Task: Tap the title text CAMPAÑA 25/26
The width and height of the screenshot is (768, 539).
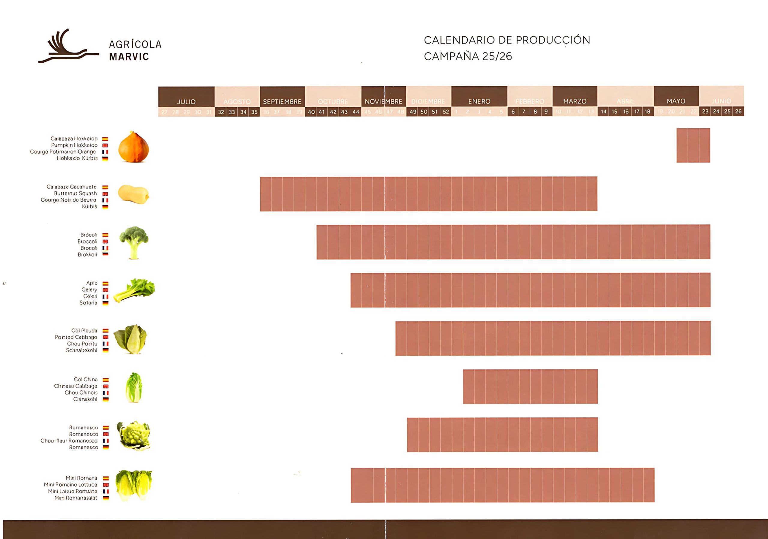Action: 468,56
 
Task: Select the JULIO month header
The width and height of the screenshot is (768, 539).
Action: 186,101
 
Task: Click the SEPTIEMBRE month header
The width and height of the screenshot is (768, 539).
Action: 282,101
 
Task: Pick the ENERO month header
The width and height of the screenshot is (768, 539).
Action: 479,101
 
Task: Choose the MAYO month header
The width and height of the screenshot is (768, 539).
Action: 676,101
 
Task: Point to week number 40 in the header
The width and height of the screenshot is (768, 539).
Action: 311,112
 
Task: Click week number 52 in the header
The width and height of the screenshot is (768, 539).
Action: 445,112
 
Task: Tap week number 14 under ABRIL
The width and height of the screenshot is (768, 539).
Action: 603,112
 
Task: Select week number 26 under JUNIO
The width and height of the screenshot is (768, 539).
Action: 738,111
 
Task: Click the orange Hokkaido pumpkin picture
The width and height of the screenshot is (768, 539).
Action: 133,147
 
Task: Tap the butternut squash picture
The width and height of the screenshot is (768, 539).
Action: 133,194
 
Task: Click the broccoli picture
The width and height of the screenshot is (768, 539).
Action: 134,242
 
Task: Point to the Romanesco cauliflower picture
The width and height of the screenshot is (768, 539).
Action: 133,435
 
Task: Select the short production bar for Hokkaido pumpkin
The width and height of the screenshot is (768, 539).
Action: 693,145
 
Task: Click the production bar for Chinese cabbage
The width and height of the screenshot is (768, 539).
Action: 530,386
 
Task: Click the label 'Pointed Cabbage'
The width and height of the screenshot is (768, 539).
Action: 76,337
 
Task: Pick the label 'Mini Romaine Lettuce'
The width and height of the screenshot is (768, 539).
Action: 70,484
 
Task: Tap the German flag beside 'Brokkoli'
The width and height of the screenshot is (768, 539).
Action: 105,255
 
